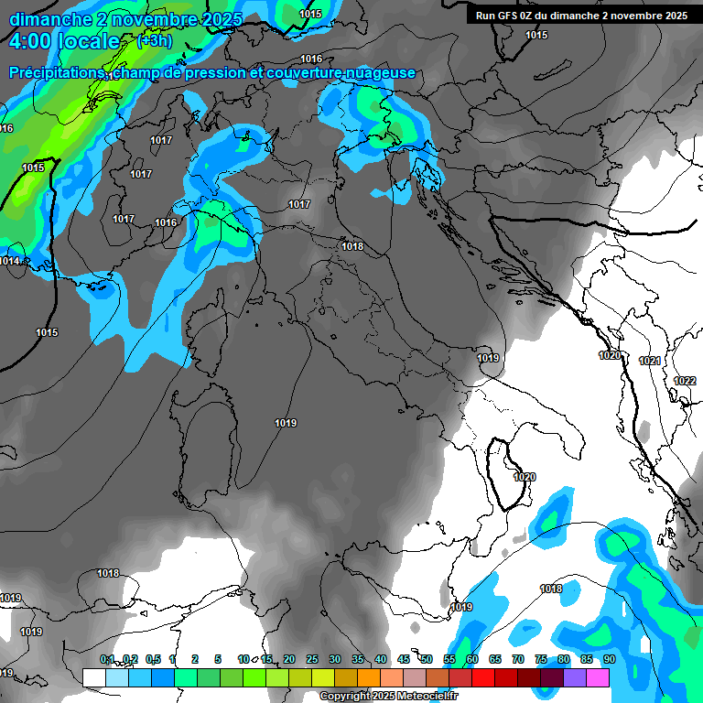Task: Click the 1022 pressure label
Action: point(685,381)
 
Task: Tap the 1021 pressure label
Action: point(650,361)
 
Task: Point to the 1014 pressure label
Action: point(10,261)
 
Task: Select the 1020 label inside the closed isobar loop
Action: point(525,477)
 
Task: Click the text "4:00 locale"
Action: point(63,42)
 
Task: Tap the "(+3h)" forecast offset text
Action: point(155,41)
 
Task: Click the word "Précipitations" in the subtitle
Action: point(57,73)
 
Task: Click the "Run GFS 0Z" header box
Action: point(581,16)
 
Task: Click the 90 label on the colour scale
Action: point(609,659)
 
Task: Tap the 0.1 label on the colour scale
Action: point(107,659)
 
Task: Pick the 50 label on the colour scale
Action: point(427,659)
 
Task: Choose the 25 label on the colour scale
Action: point(312,659)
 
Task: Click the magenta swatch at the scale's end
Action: point(598,677)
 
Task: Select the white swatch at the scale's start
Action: point(94,677)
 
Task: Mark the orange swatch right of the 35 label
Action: point(369,677)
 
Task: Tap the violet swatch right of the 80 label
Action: point(575,677)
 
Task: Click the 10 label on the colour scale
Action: point(243,659)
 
